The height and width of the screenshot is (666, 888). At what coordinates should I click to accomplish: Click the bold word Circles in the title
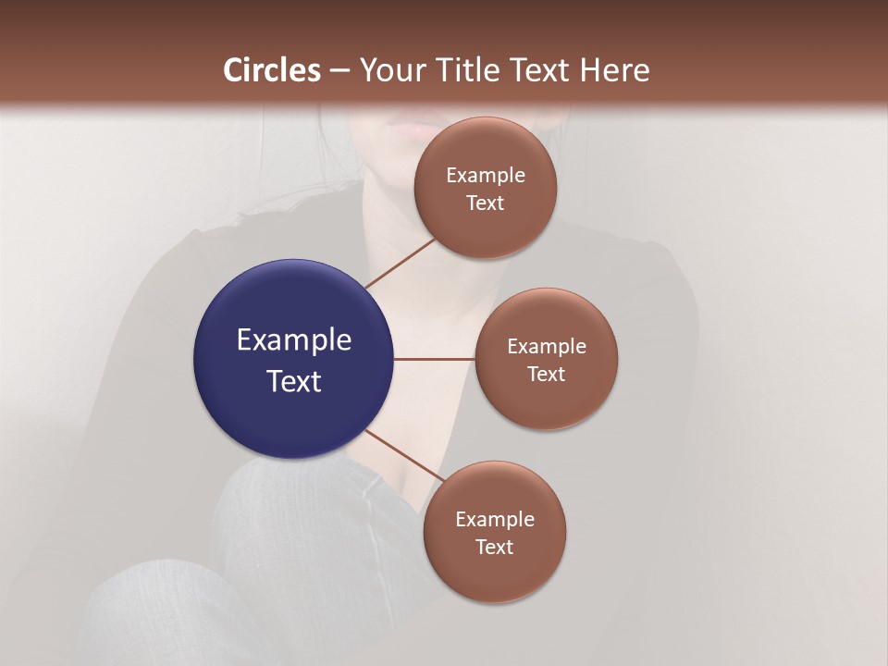click(x=271, y=70)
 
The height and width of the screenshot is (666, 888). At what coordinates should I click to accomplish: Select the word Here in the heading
click(x=614, y=70)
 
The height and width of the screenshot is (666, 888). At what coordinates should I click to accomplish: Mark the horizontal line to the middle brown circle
click(x=435, y=359)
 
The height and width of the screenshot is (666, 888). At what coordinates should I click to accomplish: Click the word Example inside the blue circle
click(x=294, y=340)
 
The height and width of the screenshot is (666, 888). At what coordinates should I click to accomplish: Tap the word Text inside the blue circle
click(x=294, y=381)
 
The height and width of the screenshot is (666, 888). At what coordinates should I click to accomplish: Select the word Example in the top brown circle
click(x=486, y=176)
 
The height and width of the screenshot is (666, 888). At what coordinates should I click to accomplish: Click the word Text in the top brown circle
click(x=486, y=203)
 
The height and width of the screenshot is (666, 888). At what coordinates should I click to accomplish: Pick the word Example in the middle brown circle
click(x=547, y=347)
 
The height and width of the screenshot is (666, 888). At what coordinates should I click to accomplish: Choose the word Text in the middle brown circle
click(x=547, y=375)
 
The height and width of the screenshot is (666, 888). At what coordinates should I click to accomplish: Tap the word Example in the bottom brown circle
click(x=495, y=520)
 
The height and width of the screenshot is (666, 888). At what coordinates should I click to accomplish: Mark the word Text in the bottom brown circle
click(x=495, y=548)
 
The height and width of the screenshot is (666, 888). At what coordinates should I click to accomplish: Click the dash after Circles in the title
click(x=339, y=71)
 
